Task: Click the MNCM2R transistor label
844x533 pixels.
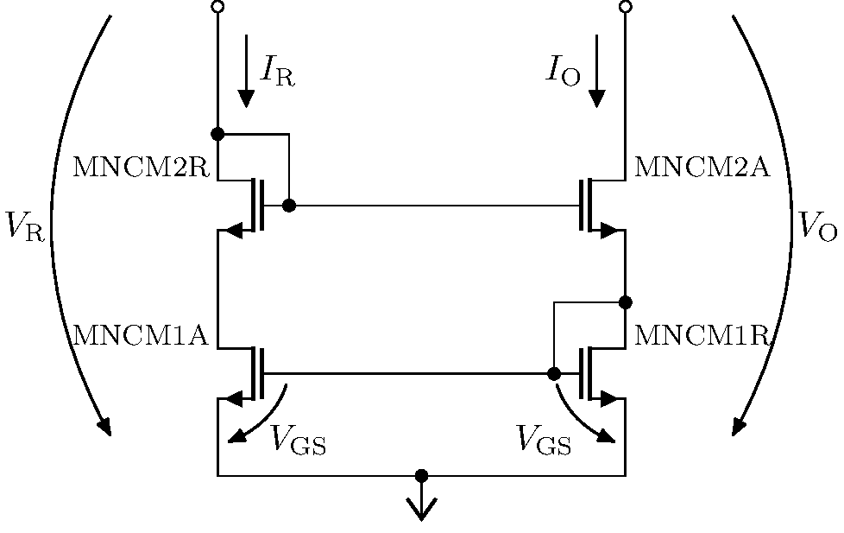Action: pos(141,167)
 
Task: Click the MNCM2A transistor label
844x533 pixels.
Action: pos(702,167)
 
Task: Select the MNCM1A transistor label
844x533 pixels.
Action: pos(141,335)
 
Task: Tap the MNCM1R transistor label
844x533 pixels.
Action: pos(702,335)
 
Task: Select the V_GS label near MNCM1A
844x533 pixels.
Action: pos(299,440)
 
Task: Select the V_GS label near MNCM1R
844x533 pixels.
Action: pos(544,440)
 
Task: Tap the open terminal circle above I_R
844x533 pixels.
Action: pos(217,7)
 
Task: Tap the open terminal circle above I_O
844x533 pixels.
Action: pos(626,7)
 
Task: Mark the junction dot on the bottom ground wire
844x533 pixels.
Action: pos(421,475)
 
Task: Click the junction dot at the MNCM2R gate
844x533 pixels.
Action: pos(289,206)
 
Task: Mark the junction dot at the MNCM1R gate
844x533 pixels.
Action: pos(554,373)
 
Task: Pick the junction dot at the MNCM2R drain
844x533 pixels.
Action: pos(217,134)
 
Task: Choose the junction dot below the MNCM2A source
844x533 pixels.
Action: pos(626,301)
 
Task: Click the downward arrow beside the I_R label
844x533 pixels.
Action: pos(247,73)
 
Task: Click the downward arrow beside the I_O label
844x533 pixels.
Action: pos(595,73)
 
